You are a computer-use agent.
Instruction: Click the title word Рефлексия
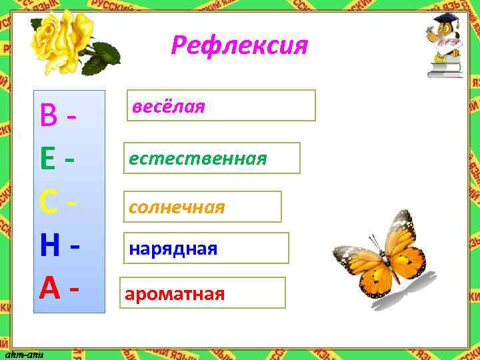239,45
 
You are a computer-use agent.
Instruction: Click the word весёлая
168,106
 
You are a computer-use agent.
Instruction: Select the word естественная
198,158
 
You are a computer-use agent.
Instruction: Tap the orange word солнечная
177,207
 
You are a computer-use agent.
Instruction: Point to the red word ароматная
175,294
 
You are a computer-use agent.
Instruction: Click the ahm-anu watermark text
24,354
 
